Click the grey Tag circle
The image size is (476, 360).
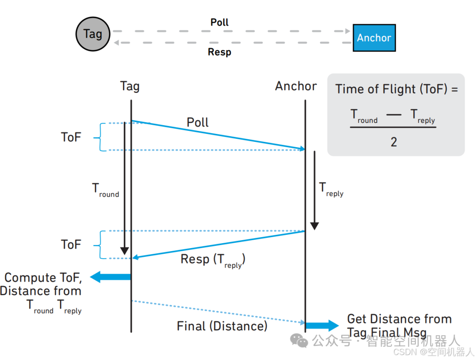93,34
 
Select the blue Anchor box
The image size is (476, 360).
374,38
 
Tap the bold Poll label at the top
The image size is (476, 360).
219,22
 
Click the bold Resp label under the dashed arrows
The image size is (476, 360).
219,52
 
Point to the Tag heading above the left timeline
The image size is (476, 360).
130,86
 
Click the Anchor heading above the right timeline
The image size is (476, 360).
296,86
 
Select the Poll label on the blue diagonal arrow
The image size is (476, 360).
198,122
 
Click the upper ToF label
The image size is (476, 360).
71,137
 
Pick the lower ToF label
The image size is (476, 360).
71,245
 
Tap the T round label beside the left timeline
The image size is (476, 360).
105,190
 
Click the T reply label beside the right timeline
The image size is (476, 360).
331,189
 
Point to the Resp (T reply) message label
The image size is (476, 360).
213,260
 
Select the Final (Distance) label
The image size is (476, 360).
222,326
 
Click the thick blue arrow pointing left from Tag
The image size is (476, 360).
110,277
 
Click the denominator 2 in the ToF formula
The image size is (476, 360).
394,142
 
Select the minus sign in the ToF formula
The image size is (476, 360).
394,115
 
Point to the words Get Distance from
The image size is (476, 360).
399,319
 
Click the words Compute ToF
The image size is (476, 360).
43,278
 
